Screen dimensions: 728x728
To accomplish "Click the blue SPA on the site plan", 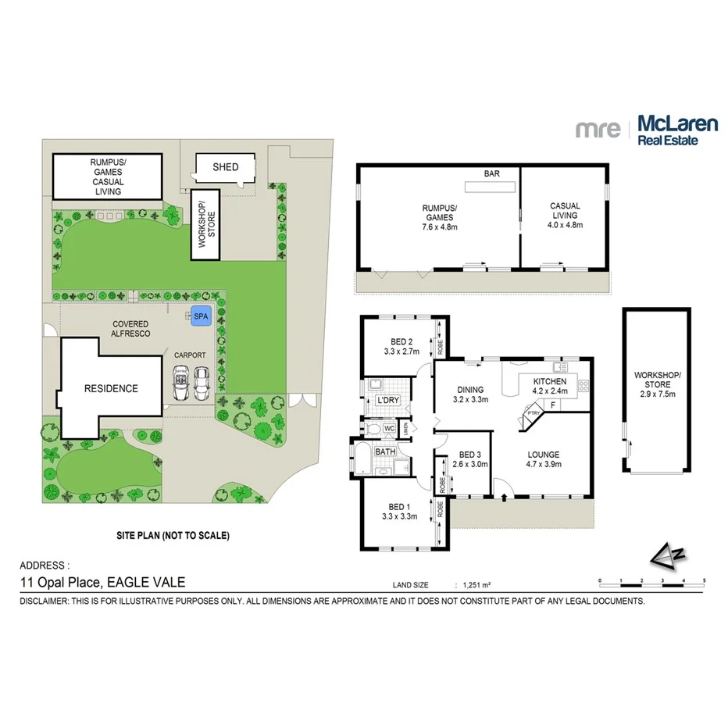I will pos(202,316).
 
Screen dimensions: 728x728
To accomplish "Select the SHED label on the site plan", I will pos(225,167).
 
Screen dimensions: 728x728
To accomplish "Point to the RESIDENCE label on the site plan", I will pos(112,388).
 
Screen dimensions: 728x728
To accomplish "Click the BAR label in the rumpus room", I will pos(491,173).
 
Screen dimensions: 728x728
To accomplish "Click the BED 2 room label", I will pos(402,346).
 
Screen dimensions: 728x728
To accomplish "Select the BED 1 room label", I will pos(401,511).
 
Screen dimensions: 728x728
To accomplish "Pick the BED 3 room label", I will pos(470,459).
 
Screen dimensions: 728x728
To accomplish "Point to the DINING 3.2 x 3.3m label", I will pos(470,394).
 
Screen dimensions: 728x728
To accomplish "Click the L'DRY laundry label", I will pos(388,401).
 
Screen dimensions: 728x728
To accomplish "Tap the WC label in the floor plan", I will pos(388,428).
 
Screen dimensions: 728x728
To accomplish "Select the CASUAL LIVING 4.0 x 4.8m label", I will pos(564,216).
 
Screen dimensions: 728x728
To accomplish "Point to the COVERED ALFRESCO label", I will pos(130,329).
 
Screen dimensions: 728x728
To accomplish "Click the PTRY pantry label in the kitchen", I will pos(534,412).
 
